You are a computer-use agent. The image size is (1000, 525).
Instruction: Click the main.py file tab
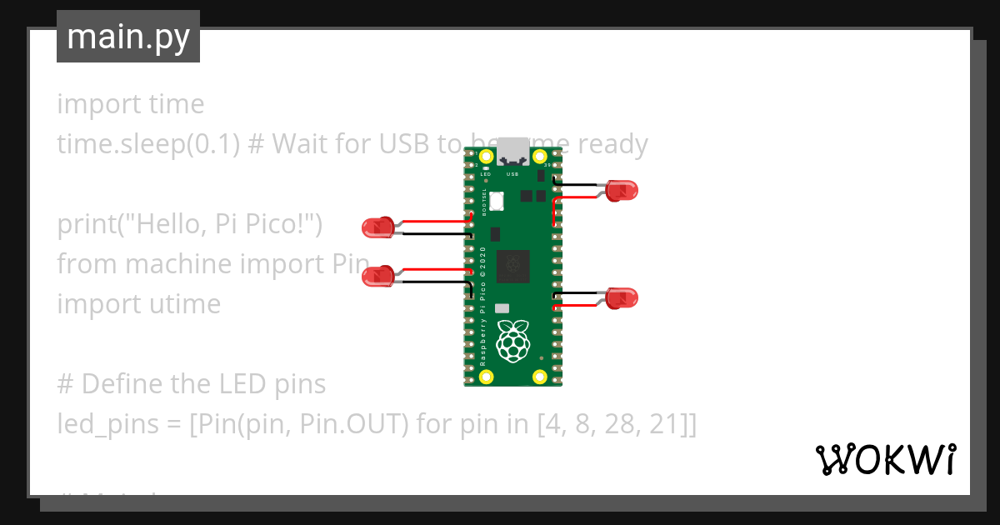(128, 37)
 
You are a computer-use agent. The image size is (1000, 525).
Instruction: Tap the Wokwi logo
(885, 459)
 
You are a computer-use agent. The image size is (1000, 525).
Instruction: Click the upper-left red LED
(377, 227)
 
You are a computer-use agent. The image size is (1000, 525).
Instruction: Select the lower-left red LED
(377, 276)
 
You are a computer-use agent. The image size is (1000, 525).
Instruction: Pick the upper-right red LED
(621, 190)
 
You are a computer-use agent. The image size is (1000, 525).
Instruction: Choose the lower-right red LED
(621, 297)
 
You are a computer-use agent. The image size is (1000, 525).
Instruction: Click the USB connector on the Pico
(512, 153)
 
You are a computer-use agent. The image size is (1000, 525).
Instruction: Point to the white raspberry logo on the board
(513, 341)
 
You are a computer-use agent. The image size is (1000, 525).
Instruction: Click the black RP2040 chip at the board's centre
(512, 267)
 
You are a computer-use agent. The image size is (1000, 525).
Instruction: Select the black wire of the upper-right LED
(579, 182)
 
